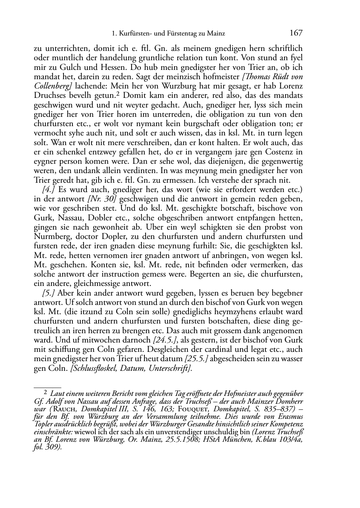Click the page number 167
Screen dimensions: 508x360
point(296,33)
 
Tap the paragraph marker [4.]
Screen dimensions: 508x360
point(48,190)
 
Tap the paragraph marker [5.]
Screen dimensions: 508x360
point(48,293)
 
